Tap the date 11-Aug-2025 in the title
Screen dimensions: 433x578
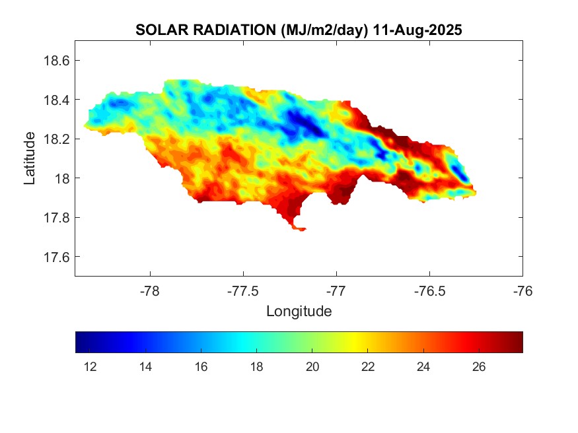click(417, 30)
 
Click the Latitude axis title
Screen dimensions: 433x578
click(30, 158)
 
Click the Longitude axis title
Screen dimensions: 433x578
click(299, 311)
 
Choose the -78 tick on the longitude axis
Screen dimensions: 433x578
click(150, 291)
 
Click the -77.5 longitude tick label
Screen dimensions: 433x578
click(243, 291)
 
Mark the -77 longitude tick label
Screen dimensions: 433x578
click(336, 291)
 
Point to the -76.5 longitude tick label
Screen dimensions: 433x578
click(429, 291)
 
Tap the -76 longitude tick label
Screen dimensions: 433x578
click(523, 291)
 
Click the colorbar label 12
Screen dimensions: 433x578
click(90, 367)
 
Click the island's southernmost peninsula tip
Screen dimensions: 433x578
click(301, 230)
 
